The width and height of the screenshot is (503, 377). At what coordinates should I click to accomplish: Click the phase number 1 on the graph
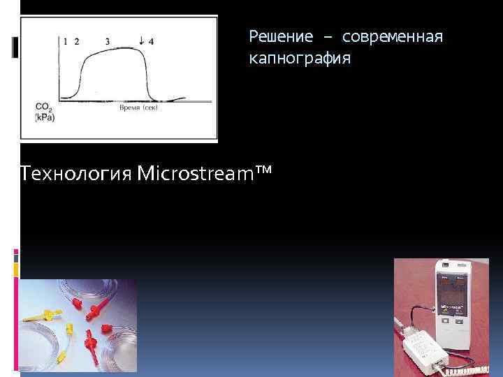click(65, 41)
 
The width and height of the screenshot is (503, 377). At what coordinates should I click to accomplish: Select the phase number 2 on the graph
click(76, 41)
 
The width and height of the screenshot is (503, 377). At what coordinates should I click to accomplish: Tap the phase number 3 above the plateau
click(107, 41)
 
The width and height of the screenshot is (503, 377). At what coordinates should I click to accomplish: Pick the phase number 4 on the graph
click(151, 41)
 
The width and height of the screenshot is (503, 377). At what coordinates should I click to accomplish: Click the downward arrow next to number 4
click(142, 40)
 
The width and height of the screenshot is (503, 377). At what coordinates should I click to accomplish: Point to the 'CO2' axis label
click(43, 108)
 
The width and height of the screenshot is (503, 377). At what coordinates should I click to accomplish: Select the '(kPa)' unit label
click(45, 118)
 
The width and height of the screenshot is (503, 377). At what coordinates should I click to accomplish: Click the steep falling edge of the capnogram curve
click(147, 77)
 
